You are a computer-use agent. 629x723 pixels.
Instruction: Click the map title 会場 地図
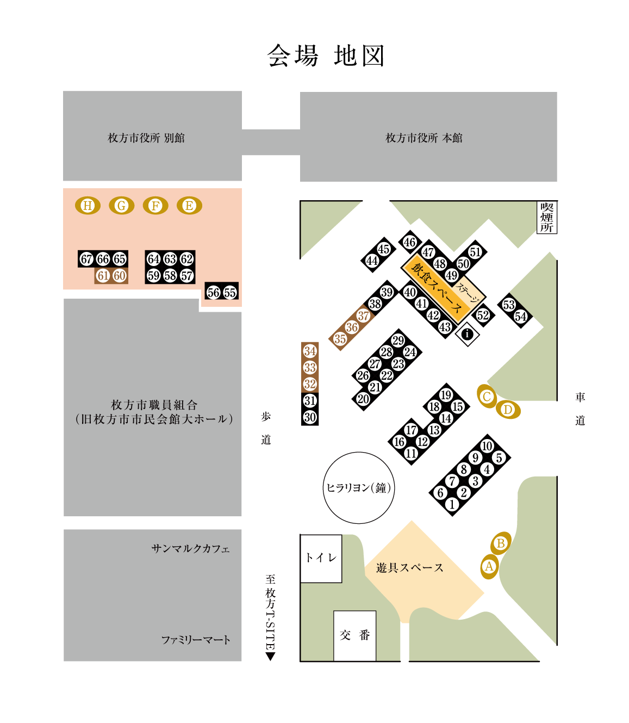coord(326,56)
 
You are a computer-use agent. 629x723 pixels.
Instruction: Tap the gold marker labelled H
coord(88,206)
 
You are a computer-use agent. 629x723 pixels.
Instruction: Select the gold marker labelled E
coord(189,206)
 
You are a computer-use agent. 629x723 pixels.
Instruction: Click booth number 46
coord(410,243)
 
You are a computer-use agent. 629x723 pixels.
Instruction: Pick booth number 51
coord(475,252)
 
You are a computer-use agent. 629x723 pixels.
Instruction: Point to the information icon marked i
coord(467,334)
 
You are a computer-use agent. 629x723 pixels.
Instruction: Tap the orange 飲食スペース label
coord(437,289)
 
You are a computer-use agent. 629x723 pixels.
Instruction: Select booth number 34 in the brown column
coord(310,351)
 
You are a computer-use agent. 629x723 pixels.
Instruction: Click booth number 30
coord(310,417)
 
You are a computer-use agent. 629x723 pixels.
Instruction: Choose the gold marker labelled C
coord(487,397)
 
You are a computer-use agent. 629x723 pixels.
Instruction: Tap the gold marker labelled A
coord(489,567)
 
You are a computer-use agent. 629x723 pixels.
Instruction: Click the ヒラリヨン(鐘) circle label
coord(358,488)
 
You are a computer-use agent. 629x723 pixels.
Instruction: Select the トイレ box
coord(321,558)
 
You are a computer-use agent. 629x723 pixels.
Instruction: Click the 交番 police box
coord(354,635)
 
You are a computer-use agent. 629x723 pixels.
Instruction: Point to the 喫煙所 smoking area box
coord(546,218)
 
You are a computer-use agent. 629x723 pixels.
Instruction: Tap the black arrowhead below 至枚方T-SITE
coord(270,656)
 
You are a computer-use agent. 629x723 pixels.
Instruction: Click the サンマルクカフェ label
coord(190,548)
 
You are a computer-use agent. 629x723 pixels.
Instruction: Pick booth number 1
coord(452,504)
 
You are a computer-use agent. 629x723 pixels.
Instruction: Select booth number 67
coord(86,259)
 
